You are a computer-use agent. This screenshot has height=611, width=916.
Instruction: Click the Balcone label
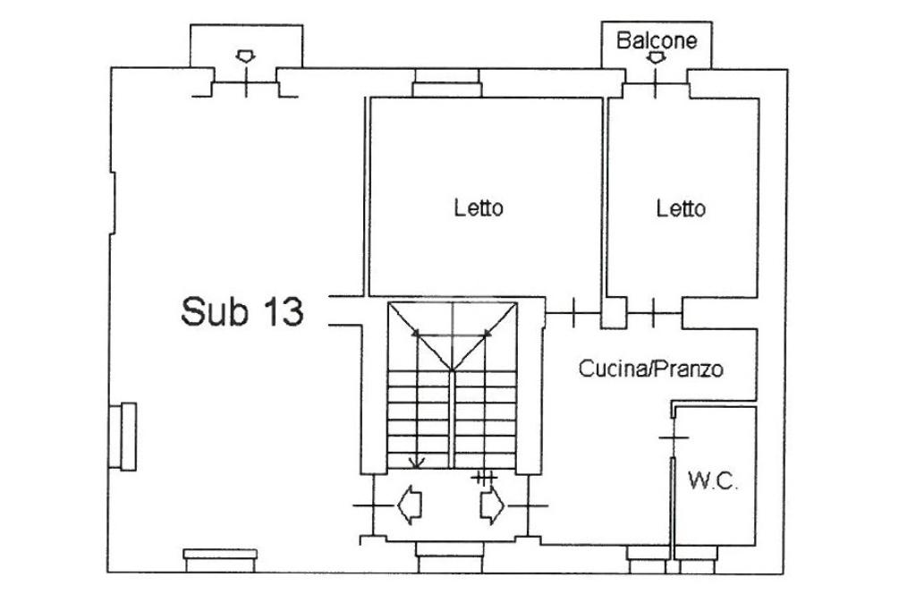point(657,40)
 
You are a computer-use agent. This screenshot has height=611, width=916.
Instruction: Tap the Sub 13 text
point(242,311)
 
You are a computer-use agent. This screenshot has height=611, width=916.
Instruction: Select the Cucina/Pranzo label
point(651,369)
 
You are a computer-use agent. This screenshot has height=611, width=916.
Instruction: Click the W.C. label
point(713,481)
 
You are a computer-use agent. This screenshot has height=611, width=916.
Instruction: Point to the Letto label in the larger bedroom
point(479,208)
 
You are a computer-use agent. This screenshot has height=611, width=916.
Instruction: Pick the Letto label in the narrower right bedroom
point(681,208)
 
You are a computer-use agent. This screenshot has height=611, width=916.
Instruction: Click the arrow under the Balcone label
point(657,58)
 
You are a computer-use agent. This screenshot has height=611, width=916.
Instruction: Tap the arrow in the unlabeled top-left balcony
point(245,56)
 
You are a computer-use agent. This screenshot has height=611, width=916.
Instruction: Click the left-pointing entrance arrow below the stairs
point(410,505)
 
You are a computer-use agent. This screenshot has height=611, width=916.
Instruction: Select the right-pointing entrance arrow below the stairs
point(492,505)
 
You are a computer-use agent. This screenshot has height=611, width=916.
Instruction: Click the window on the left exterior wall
point(123,436)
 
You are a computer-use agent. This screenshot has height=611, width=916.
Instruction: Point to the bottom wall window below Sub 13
point(220,561)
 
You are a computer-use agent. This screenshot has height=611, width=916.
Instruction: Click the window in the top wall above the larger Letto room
point(447,83)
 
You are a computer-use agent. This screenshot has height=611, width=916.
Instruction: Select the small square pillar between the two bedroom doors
point(614,313)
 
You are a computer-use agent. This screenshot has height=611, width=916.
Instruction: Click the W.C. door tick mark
point(674,437)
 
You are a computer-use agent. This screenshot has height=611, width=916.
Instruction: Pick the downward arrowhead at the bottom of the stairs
point(417,462)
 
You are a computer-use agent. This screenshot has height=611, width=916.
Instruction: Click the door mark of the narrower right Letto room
point(653,313)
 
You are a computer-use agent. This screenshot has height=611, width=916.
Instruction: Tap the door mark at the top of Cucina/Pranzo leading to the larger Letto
point(573,313)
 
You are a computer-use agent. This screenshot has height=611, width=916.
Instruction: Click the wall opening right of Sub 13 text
point(346,310)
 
